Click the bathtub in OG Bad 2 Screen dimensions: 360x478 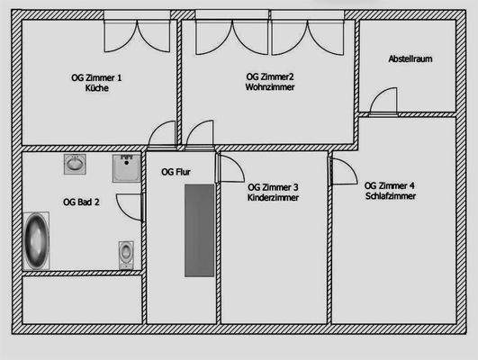(38, 240)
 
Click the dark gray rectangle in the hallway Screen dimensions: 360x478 (199, 230)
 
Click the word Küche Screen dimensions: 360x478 (95, 88)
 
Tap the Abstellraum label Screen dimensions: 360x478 (410, 58)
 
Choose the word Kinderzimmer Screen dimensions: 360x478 (273, 196)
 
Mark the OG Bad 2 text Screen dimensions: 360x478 (81, 202)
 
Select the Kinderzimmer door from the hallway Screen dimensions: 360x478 (229, 167)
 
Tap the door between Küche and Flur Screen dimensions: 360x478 (163, 135)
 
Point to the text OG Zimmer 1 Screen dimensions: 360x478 (95, 77)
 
